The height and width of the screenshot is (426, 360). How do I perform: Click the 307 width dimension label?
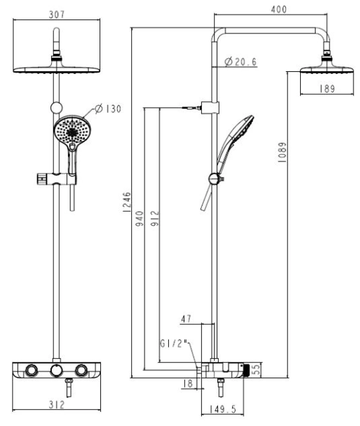click(x=56, y=15)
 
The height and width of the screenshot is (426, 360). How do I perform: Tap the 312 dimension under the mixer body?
click(x=56, y=405)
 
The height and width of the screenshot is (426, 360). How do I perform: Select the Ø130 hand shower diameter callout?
click(x=108, y=109)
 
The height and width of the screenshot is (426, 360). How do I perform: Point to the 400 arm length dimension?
click(x=279, y=9)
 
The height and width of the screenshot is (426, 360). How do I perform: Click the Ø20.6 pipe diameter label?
click(x=240, y=62)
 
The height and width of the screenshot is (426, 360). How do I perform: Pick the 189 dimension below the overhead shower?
click(x=327, y=89)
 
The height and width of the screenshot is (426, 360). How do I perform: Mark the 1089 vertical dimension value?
click(x=282, y=152)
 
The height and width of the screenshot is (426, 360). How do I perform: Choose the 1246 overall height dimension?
click(x=127, y=202)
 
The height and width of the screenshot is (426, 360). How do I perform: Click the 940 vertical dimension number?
click(x=140, y=219)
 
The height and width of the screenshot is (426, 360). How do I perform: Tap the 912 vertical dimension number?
click(x=155, y=219)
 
